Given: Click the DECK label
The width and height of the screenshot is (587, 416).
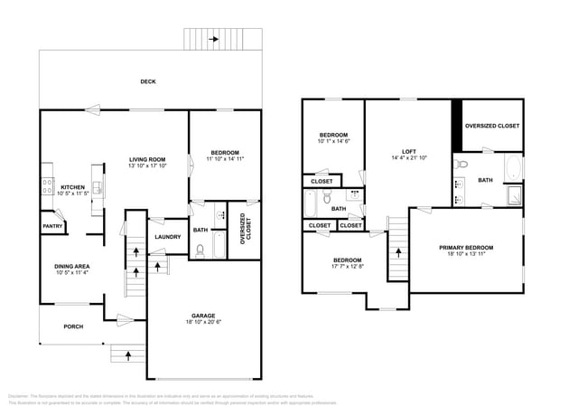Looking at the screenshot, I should tap(148, 81).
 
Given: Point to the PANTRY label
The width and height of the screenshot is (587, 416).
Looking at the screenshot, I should tap(52, 226).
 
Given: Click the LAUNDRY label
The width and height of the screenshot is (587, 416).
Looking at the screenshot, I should tap(167, 237).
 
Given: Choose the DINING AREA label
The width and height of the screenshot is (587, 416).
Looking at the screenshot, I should tap(72, 265).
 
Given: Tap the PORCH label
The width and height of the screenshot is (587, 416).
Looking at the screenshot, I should tap(72, 326).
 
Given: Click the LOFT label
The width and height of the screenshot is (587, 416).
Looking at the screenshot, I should tap(408, 151).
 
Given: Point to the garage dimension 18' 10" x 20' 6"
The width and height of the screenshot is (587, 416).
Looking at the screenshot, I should tap(203, 321).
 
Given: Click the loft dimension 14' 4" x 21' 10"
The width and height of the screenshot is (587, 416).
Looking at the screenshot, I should tap(408, 159).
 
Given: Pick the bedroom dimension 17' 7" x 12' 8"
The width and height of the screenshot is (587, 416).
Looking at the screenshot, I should tap(348, 266).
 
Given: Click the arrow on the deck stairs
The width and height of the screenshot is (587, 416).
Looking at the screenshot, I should tap(214, 40).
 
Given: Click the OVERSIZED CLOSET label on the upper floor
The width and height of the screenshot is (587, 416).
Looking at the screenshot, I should tap(492, 126).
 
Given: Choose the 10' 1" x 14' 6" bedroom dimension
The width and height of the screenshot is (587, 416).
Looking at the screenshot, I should tap(333, 142).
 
